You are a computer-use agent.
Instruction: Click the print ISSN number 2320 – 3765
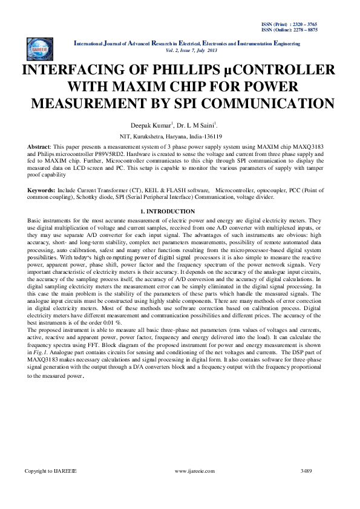(x=318, y=24)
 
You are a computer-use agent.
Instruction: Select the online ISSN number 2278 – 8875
(x=318, y=29)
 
